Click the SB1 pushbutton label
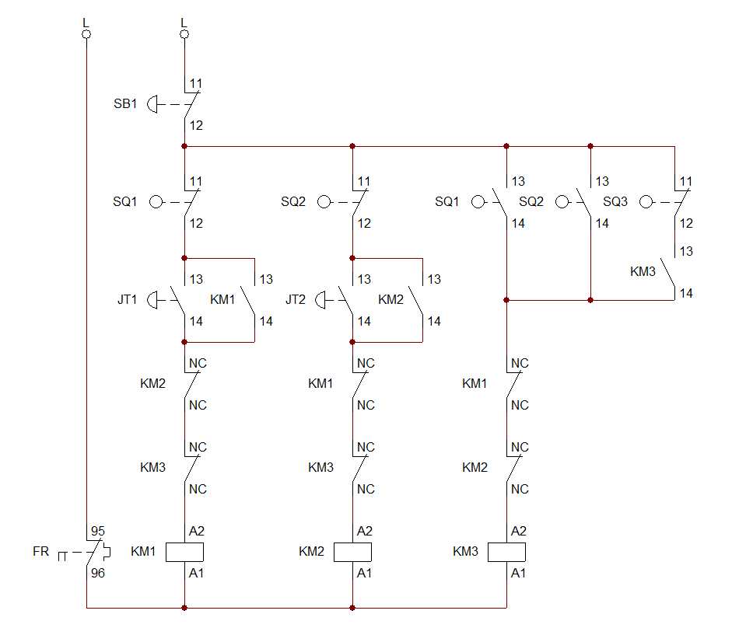click(124, 103)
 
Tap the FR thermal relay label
click(40, 552)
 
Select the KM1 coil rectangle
click(185, 552)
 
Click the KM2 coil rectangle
click(353, 552)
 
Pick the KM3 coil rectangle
click(507, 552)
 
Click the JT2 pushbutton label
click(295, 299)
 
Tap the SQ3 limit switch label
click(615, 202)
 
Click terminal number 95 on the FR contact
click(97, 532)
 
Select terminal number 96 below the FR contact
click(97, 574)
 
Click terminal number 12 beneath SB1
click(196, 125)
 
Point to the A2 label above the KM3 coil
click(520, 532)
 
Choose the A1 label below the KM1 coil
click(196, 574)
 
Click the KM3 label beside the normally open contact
click(643, 272)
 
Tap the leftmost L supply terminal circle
click(86, 35)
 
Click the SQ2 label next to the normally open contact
click(531, 202)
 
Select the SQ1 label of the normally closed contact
click(124, 202)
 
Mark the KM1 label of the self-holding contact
click(222, 299)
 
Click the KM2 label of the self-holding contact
click(391, 299)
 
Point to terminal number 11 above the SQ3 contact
click(685, 182)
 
